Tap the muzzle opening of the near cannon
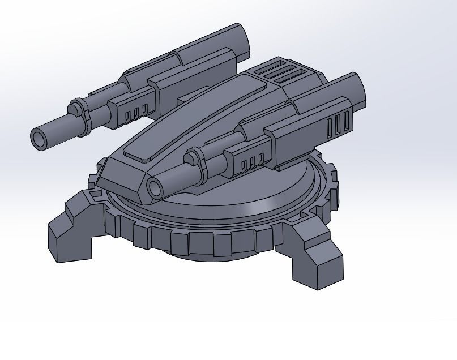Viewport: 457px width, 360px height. click(x=155, y=186)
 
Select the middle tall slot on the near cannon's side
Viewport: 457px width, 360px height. click(x=339, y=124)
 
